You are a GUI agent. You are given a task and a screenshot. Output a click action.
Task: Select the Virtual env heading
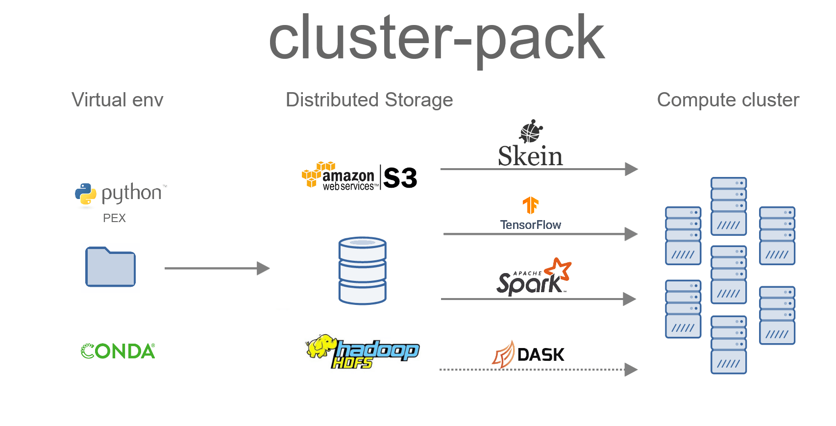(117, 100)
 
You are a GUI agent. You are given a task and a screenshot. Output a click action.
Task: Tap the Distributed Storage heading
(369, 100)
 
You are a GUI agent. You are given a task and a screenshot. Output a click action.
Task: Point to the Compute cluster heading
(728, 100)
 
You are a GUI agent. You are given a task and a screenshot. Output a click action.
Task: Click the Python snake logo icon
(86, 194)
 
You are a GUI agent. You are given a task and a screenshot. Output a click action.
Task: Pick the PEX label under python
(114, 218)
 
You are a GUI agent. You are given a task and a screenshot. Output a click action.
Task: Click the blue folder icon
(110, 267)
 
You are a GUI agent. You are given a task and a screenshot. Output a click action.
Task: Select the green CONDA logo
(118, 351)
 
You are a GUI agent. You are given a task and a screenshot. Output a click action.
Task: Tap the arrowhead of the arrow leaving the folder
(264, 268)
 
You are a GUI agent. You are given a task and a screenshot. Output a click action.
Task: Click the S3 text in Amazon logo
(400, 178)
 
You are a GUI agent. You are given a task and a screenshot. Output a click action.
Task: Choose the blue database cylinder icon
(363, 271)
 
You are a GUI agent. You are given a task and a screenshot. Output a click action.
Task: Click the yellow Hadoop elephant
(321, 346)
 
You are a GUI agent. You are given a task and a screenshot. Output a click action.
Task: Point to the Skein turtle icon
(531, 131)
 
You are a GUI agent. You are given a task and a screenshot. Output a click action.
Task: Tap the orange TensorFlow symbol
(531, 205)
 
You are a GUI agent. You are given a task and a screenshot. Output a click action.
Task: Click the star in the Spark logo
(559, 269)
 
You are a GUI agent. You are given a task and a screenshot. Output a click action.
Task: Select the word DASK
(541, 355)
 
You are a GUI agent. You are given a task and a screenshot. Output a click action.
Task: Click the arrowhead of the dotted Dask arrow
(631, 370)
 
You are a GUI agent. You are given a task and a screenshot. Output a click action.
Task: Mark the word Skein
(530, 156)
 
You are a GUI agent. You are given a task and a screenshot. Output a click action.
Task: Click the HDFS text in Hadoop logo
(352, 363)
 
